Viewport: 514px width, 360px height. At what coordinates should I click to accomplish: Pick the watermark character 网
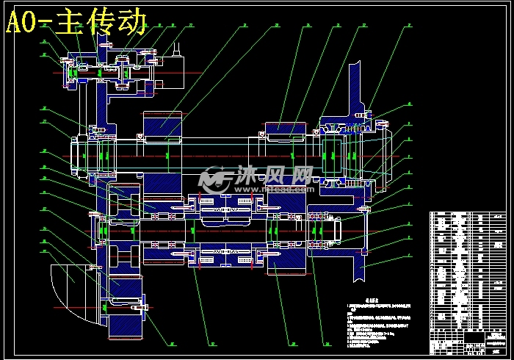(300, 177)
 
